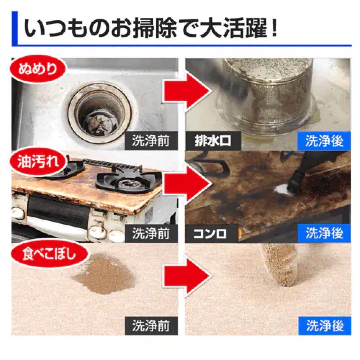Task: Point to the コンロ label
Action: coord(211,234)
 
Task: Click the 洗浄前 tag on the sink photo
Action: coord(151,141)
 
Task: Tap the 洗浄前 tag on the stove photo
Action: coord(151,234)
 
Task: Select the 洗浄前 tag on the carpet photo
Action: coord(151,326)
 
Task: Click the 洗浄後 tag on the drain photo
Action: coord(324,141)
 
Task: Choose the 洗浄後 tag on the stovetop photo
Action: coord(324,234)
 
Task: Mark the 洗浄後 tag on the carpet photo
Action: coord(324,326)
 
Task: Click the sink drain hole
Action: coord(100,113)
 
